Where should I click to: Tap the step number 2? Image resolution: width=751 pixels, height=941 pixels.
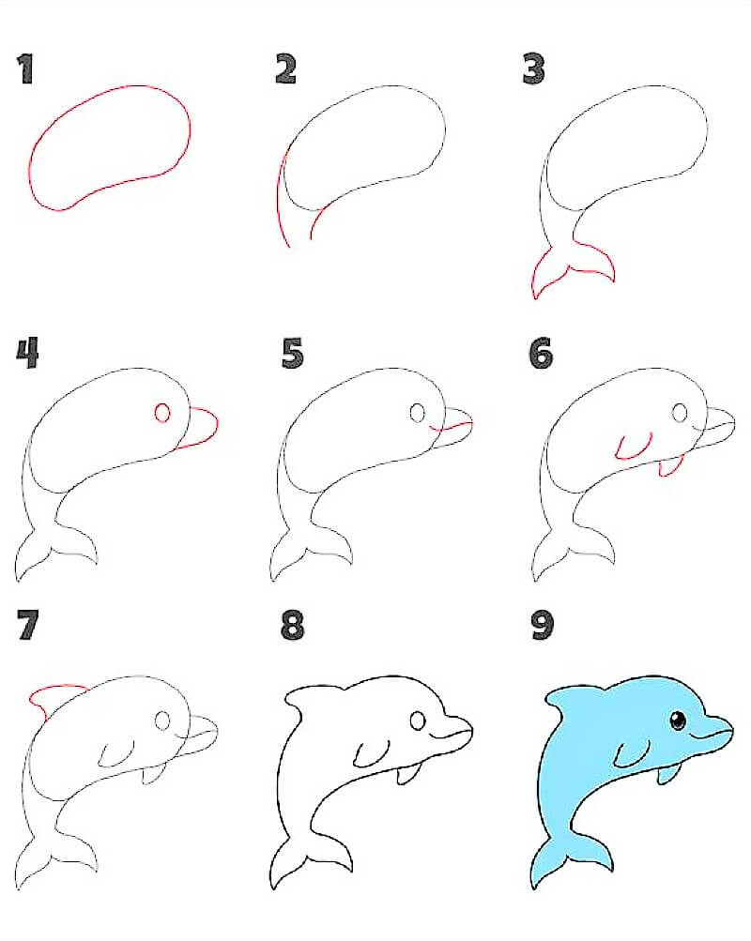click(x=285, y=68)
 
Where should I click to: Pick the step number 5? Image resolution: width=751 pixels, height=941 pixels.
click(x=292, y=354)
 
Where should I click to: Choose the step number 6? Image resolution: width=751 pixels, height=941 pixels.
click(x=540, y=354)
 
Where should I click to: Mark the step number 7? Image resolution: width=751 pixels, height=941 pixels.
click(x=28, y=626)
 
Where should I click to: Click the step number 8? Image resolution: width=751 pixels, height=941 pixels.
click(x=292, y=626)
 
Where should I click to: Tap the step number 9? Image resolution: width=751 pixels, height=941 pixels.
click(x=542, y=626)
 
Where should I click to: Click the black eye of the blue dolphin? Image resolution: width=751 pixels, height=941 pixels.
click(x=677, y=721)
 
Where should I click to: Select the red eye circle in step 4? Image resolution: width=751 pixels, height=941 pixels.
click(x=162, y=414)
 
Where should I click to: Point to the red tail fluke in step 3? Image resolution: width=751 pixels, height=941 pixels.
click(x=572, y=270)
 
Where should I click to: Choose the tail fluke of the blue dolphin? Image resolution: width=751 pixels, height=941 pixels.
click(x=572, y=858)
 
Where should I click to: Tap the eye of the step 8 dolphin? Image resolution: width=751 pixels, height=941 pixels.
click(x=418, y=721)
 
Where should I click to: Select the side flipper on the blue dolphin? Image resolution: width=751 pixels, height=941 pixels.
click(x=631, y=751)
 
